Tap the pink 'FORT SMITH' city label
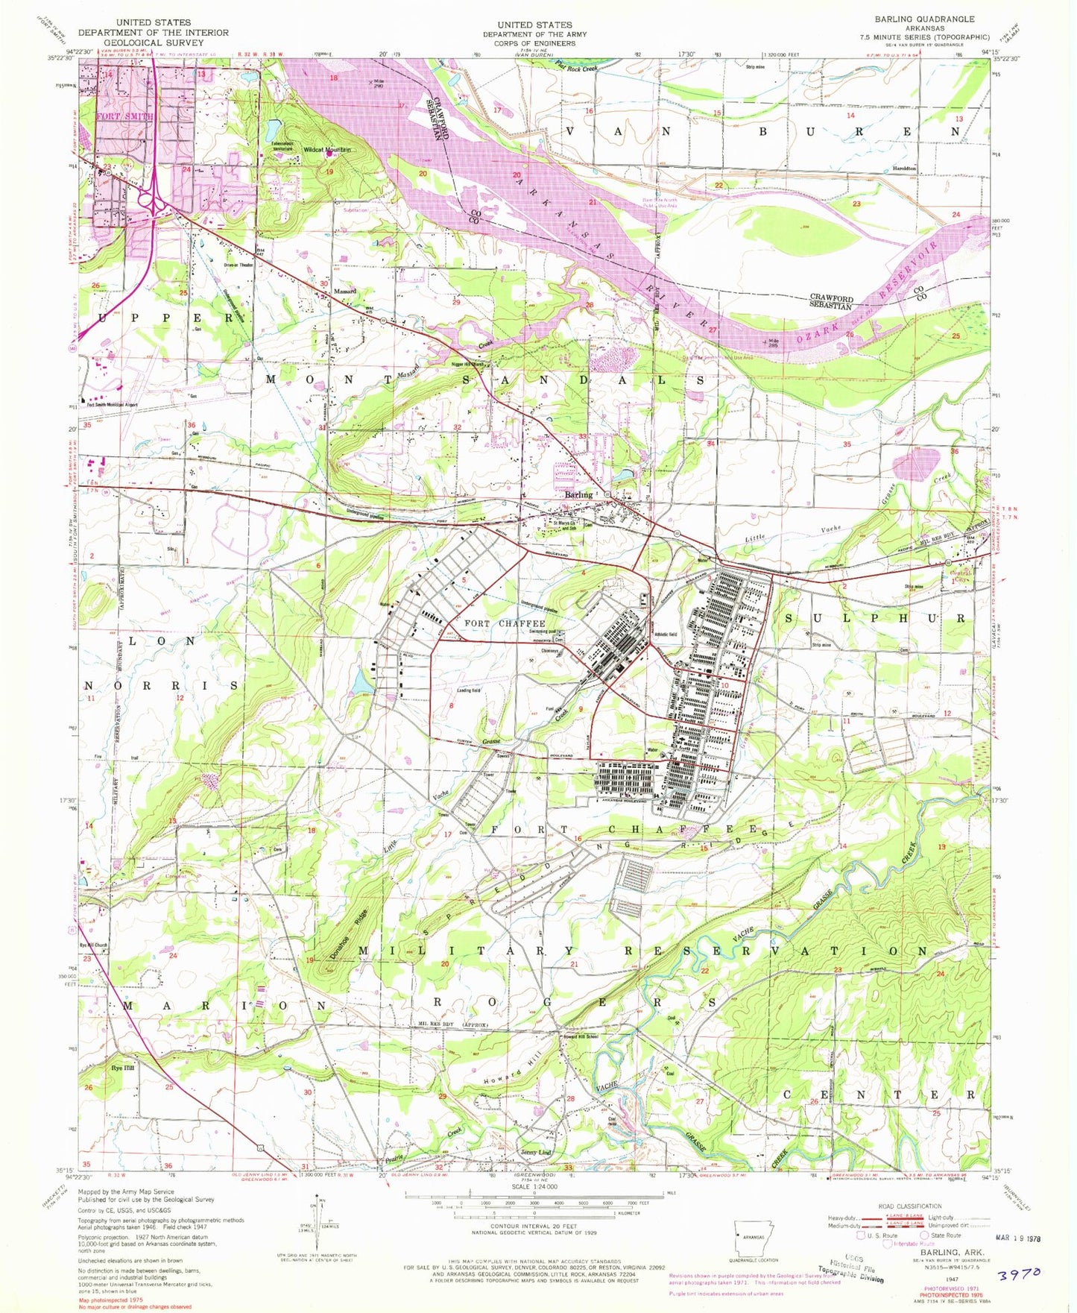124,116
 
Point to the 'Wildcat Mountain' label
326,149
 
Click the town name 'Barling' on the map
578,494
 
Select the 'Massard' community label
345,291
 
